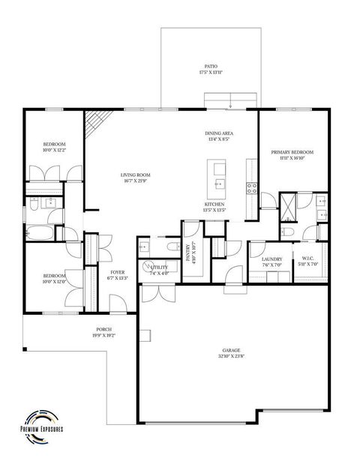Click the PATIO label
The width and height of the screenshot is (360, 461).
[x=212, y=66]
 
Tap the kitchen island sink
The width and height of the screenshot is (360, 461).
[x=219, y=182]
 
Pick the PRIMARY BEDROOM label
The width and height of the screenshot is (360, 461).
[x=292, y=152]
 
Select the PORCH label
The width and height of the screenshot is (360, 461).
[x=103, y=330]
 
